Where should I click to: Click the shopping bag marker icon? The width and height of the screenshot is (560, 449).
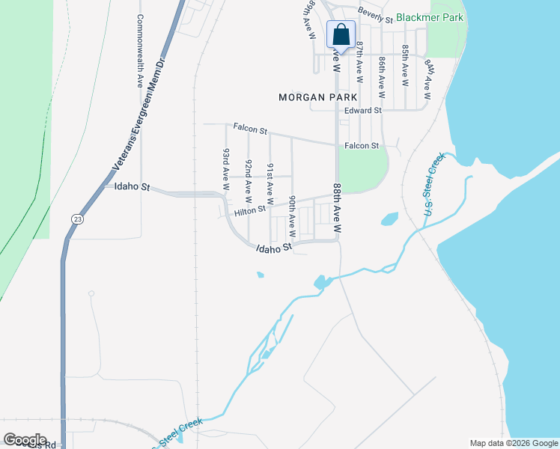click(341, 34)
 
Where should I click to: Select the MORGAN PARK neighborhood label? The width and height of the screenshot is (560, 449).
click(317, 97)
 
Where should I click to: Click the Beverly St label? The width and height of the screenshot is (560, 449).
click(376, 12)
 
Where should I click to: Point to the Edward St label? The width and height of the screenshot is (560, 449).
click(363, 111)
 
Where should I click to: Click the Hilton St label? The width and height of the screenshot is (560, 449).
click(250, 212)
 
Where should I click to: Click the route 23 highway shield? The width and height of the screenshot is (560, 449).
click(78, 218)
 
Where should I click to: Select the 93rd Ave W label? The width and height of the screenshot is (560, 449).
click(225, 166)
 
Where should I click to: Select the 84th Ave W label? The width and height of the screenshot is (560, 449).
click(428, 78)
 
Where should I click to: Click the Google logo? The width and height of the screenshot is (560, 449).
click(25, 440)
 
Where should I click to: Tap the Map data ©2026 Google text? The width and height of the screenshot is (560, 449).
click(514, 443)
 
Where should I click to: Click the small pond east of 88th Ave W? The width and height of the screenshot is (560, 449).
click(389, 219)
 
